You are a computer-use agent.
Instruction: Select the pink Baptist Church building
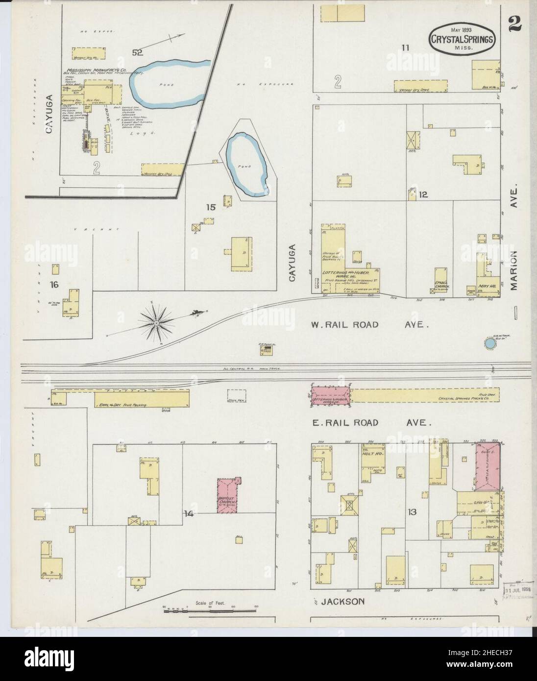pos(228,496)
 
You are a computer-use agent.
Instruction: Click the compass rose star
pos(156,322)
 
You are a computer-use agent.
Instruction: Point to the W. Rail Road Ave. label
pos(371,324)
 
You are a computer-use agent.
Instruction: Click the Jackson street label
pos(343,601)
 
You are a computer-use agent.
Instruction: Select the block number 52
pos(137,53)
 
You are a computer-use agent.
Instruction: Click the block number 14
pos(189,514)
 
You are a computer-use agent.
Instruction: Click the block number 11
pos(405,48)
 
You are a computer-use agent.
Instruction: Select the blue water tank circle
pos(488,343)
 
